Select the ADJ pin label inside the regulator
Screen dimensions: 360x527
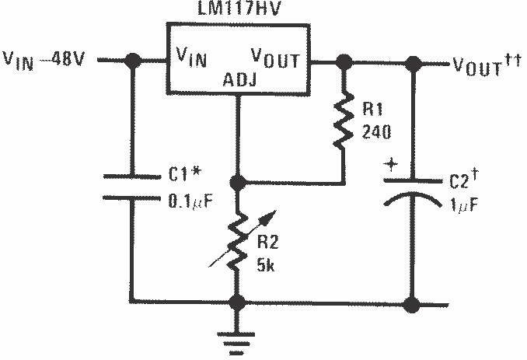[239, 79]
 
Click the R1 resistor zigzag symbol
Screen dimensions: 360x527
[343, 121]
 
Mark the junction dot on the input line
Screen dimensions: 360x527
[133, 59]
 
